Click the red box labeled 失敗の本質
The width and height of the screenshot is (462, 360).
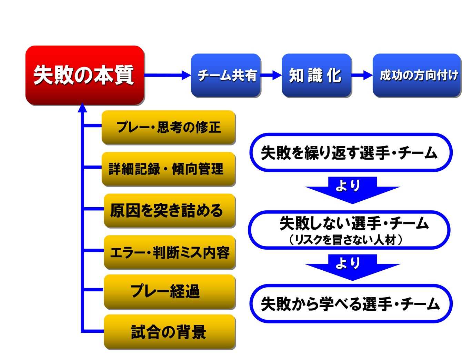pyautogui.click(x=84, y=75)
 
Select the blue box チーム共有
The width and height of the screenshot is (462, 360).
pyautogui.click(x=226, y=75)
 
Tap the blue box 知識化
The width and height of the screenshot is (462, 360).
pyautogui.click(x=317, y=75)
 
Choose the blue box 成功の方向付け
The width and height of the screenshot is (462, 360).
pyautogui.click(x=417, y=75)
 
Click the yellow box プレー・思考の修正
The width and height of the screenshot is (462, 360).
pyautogui.click(x=169, y=127)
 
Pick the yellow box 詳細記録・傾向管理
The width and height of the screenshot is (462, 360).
pyautogui.click(x=169, y=169)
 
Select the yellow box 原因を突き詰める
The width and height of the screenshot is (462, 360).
pyautogui.click(x=170, y=210)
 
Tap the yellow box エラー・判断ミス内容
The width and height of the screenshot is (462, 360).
pyautogui.click(x=170, y=252)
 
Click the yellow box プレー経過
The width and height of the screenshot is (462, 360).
pyautogui.click(x=170, y=291)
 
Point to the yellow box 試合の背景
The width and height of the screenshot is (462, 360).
pyautogui.click(x=170, y=332)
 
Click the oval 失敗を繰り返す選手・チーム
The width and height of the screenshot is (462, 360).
pyautogui.click(x=350, y=152)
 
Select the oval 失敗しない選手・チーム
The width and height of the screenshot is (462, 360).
pyautogui.click(x=349, y=229)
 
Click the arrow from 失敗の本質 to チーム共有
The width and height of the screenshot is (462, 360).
pyautogui.click(x=168, y=75)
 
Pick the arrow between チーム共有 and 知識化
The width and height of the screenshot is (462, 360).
pyautogui.click(x=271, y=75)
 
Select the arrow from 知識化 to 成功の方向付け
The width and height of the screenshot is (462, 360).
pyautogui.click(x=362, y=75)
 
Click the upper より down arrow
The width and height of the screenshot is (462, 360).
pyautogui.click(x=352, y=189)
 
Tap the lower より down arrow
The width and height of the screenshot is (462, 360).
pyautogui.click(x=352, y=267)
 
